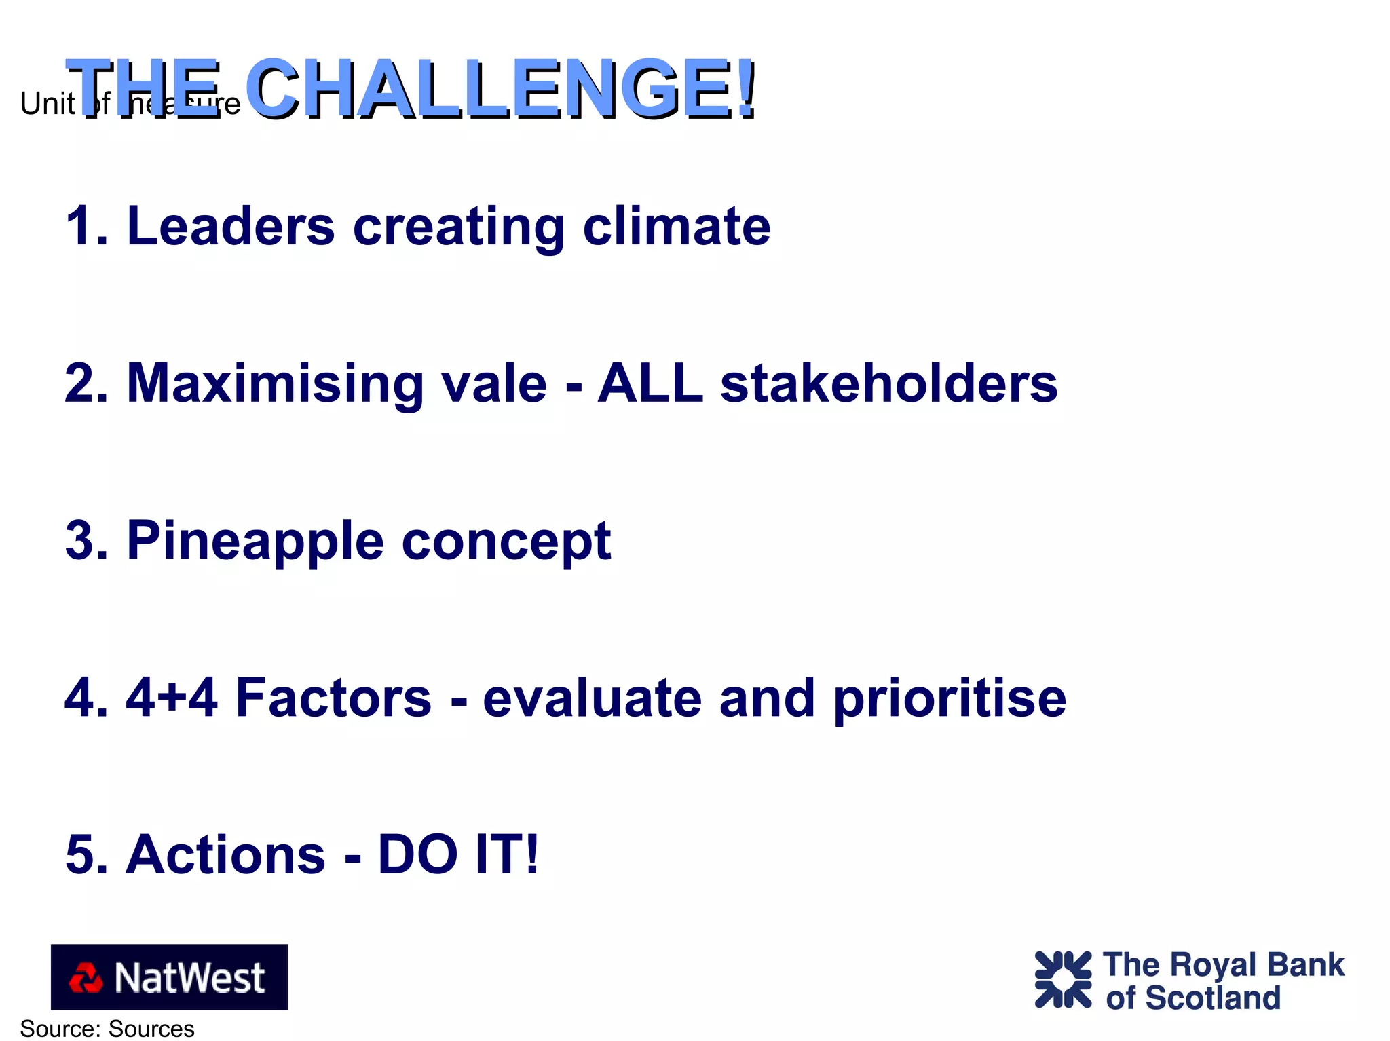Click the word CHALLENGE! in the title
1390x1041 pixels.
pyautogui.click(x=501, y=88)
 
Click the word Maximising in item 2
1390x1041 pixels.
pyautogui.click(x=275, y=385)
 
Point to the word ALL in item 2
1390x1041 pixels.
pyautogui.click(x=650, y=383)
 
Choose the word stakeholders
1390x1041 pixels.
pyautogui.click(x=888, y=383)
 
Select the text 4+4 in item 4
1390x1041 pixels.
pyautogui.click(x=172, y=698)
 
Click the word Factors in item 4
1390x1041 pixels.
pyautogui.click(x=333, y=698)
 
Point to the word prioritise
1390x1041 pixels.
pyautogui.click(x=950, y=699)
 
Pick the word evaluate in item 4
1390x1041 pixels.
pyautogui.click(x=592, y=698)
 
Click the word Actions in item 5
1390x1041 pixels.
pyautogui.click(x=225, y=854)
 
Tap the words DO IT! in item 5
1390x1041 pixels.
pyautogui.click(x=458, y=854)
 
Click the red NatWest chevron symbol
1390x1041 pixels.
pyautogui.click(x=86, y=978)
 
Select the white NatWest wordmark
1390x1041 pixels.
pyautogui.click(x=190, y=978)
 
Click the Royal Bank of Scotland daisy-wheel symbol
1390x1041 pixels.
pyautogui.click(x=1062, y=979)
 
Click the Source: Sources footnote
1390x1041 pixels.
pyautogui.click(x=107, y=1029)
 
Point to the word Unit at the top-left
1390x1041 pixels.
pyautogui.click(x=47, y=104)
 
